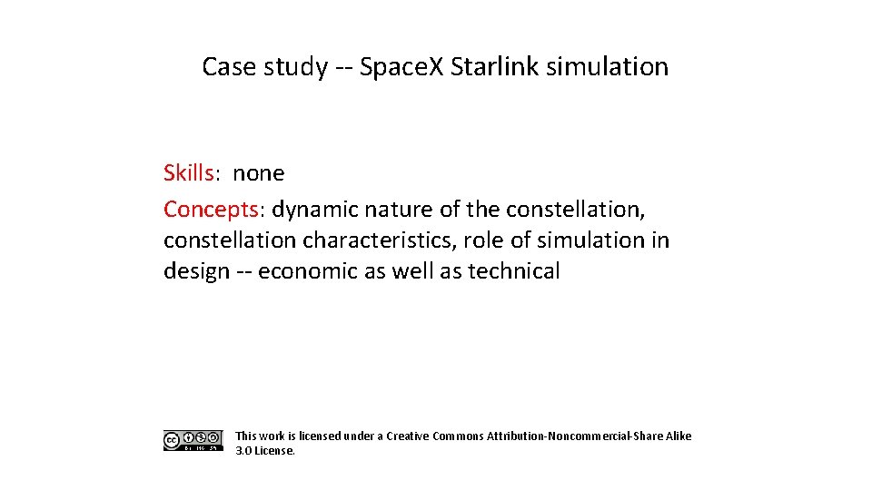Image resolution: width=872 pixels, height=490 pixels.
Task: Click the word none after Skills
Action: [x=259, y=172]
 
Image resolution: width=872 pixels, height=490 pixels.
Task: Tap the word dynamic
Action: [x=315, y=210]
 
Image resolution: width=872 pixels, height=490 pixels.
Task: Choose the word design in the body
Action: [x=196, y=270]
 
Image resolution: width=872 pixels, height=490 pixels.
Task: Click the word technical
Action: [x=514, y=270]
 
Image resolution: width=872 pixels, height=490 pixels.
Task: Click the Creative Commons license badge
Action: [x=193, y=441]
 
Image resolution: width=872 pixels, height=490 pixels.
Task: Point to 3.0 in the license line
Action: [x=243, y=450]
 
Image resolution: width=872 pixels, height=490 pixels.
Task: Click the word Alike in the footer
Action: [x=679, y=436]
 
